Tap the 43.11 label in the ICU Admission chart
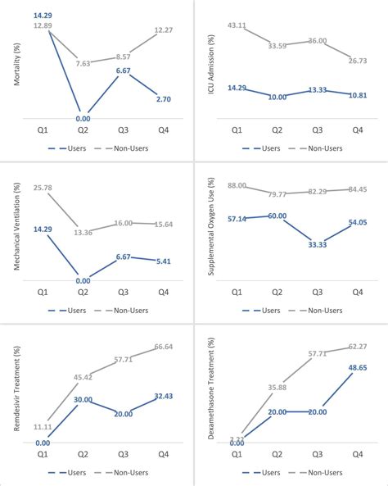(237, 25)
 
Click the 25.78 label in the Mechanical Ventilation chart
(45, 188)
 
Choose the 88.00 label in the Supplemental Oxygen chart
(237, 186)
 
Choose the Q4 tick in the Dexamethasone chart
(357, 452)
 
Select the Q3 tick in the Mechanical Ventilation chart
(123, 292)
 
